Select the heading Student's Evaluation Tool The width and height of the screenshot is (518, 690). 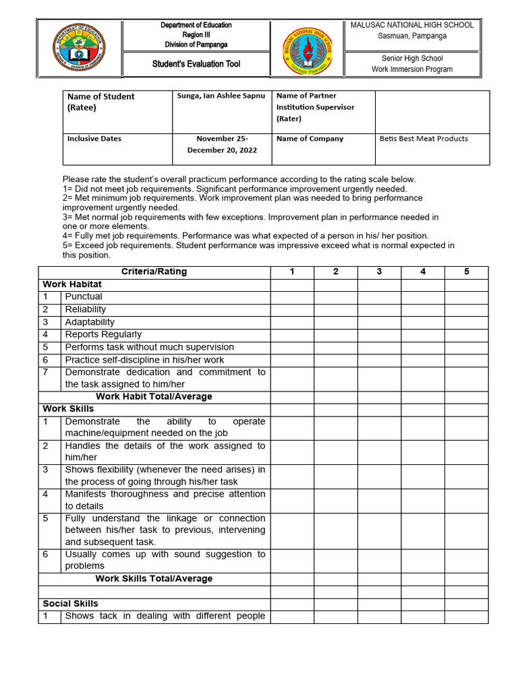pyautogui.click(x=196, y=64)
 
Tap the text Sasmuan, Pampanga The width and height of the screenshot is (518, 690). pyautogui.click(x=411, y=36)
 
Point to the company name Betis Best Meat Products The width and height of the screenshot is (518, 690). pyautogui.click(x=424, y=139)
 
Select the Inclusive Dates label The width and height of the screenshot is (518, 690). pyautogui.click(x=94, y=139)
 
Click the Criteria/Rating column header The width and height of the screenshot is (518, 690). pyautogui.click(x=154, y=272)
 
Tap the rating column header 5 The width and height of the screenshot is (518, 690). pyautogui.click(x=466, y=272)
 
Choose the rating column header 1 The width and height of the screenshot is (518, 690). pyautogui.click(x=292, y=272)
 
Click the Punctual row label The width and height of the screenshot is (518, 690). pyautogui.click(x=84, y=296)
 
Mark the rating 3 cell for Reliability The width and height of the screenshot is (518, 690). pyautogui.click(x=379, y=309)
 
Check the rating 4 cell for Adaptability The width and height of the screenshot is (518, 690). pyautogui.click(x=422, y=322)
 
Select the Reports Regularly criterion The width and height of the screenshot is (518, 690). pyautogui.click(x=103, y=334)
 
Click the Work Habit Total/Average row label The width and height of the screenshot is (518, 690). pyautogui.click(x=154, y=397)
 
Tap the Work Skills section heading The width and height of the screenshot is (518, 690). pyautogui.click(x=68, y=409)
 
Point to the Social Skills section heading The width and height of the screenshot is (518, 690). pyautogui.click(x=70, y=604)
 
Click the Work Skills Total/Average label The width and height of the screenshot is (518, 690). pyautogui.click(x=154, y=579)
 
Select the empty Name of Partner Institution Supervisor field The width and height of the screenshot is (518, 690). pyautogui.click(x=432, y=112)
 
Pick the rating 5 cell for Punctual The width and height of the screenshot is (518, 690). pyautogui.click(x=466, y=296)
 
